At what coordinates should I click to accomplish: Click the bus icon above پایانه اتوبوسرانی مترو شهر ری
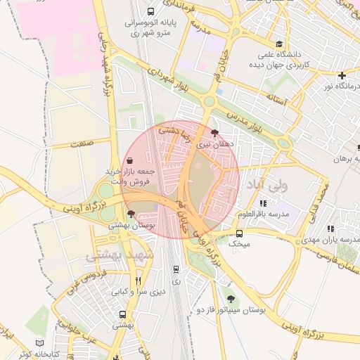click(151, 11)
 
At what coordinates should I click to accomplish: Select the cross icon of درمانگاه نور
click(342, 75)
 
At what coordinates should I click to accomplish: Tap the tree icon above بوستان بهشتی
click(131, 214)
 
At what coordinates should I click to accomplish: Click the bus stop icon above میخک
click(240, 233)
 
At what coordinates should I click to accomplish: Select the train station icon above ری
click(175, 269)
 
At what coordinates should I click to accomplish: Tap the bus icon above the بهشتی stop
click(123, 314)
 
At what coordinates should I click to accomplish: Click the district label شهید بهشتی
click(110, 256)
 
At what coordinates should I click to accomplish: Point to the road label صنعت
click(82, 143)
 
